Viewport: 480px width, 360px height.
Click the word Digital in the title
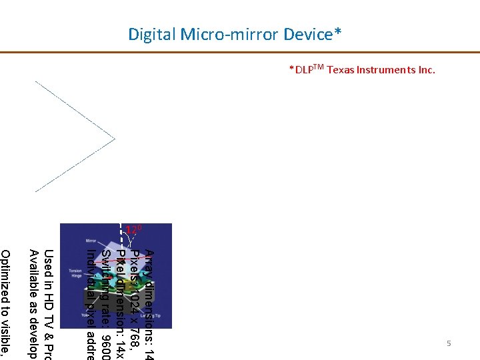(x=151, y=34)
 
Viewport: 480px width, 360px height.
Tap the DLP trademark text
(x=306, y=69)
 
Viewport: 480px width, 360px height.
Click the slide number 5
(x=449, y=343)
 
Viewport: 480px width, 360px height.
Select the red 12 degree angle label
(x=134, y=231)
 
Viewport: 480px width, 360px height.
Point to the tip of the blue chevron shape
(x=115, y=139)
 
